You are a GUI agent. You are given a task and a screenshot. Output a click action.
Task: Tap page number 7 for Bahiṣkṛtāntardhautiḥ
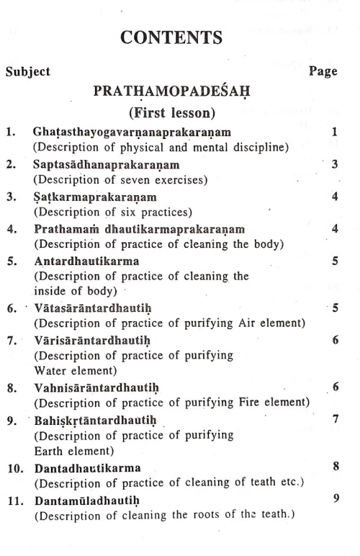point(336,418)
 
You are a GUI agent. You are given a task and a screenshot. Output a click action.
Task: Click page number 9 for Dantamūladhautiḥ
point(336,497)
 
